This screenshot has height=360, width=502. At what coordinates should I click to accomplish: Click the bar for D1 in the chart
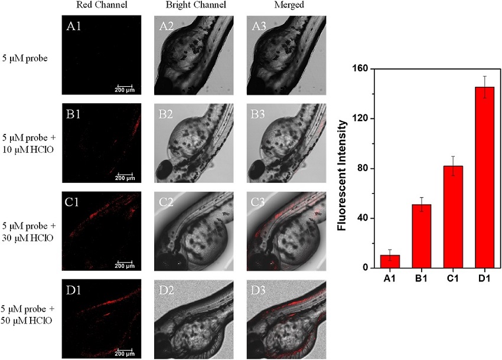tap(485, 177)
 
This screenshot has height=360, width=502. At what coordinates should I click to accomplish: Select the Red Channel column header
tap(102, 5)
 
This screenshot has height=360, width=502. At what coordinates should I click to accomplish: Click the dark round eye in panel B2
tap(164, 169)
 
